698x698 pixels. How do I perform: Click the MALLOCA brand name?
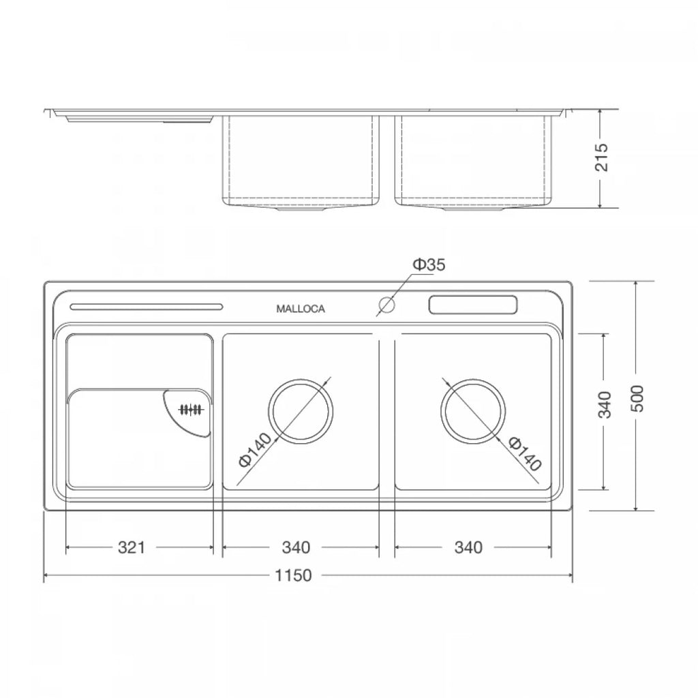pyautogui.click(x=301, y=309)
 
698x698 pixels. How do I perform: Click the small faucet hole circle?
pyautogui.click(x=387, y=305)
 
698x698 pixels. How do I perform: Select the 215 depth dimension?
pyautogui.click(x=601, y=157)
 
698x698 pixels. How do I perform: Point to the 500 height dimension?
pyautogui.click(x=637, y=399)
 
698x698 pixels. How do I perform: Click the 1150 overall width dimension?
pyautogui.click(x=293, y=575)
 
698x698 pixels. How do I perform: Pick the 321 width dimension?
pyautogui.click(x=132, y=547)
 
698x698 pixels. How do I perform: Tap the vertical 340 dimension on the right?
pyautogui.click(x=604, y=405)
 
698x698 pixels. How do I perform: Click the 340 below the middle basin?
pyautogui.click(x=296, y=547)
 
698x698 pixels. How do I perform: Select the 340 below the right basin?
pyautogui.click(x=468, y=547)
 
